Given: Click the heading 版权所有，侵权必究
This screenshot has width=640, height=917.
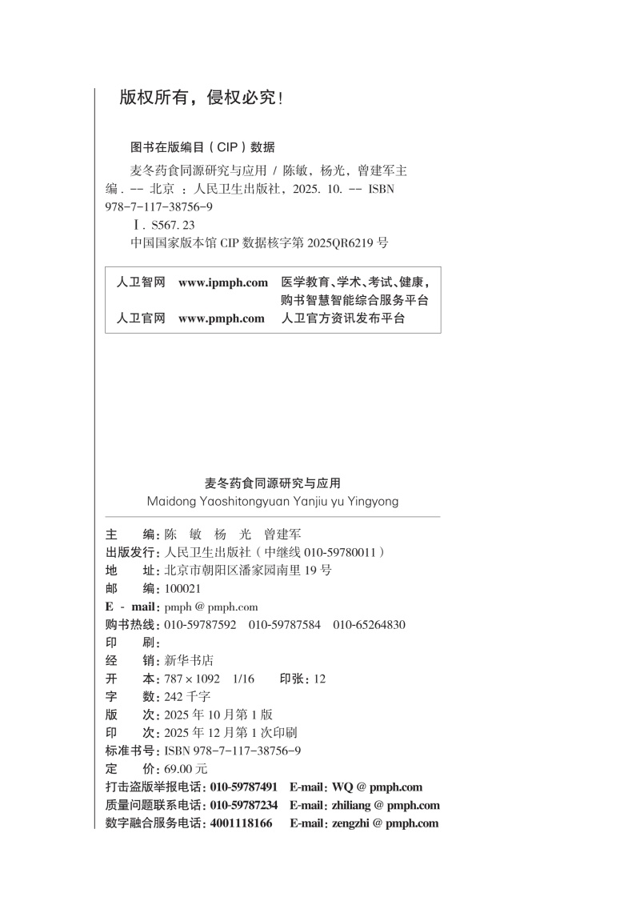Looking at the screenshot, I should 200,98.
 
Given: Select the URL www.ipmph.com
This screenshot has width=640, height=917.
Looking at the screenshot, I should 223,282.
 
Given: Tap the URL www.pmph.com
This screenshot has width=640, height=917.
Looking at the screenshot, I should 222,318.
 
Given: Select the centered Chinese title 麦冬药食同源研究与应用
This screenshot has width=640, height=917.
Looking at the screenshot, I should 273,483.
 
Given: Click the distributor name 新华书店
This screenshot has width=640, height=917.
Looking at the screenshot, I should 189,660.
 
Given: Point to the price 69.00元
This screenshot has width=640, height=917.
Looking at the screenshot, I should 186,768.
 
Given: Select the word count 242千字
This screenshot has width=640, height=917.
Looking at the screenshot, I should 187,696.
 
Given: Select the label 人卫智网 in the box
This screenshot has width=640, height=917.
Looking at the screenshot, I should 141,282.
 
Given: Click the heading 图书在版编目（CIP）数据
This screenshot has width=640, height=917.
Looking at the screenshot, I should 202,147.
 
